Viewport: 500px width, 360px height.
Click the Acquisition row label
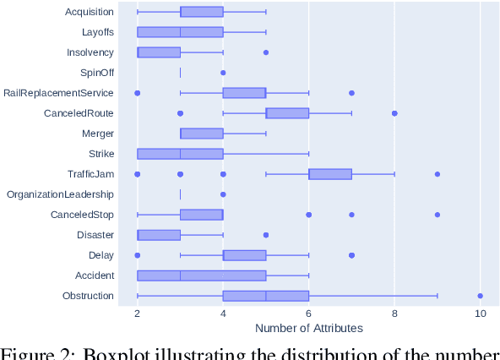(89, 12)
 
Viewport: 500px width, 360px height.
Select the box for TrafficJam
(330, 174)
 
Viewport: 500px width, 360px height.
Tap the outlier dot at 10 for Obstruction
(480, 296)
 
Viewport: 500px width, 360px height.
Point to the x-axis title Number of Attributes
(308, 328)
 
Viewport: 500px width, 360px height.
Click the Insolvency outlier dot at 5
(266, 52)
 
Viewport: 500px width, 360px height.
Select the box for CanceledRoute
(287, 113)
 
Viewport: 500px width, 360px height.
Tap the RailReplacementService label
(59, 93)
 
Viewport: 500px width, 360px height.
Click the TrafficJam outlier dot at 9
(437, 174)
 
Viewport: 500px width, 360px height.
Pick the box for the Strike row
(180, 154)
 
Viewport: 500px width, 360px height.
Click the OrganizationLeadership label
(61, 194)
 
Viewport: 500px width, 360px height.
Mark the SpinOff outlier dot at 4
(223, 73)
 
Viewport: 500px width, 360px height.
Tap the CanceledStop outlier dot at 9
(437, 215)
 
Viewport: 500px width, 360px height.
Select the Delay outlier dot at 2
(138, 255)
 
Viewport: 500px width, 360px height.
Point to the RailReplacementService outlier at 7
(351, 93)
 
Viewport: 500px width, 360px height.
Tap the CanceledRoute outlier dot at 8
(394, 113)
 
